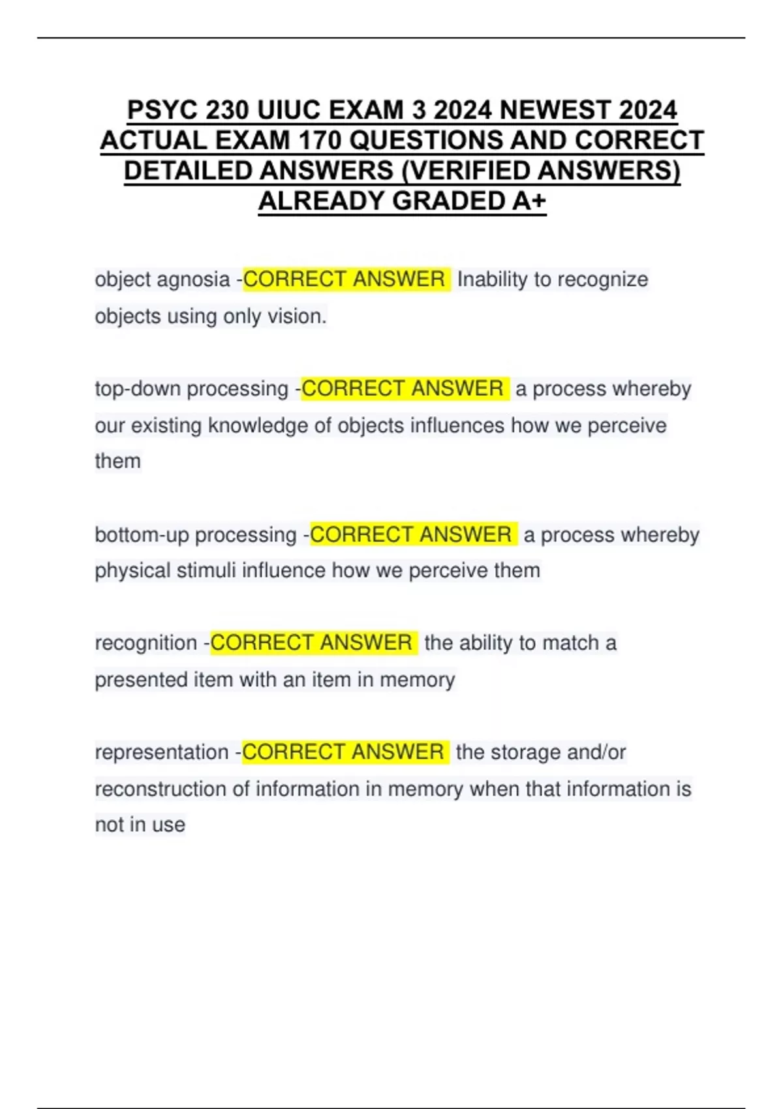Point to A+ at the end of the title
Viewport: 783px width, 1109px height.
tap(529, 201)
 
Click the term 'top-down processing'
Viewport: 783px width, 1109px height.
tap(191, 389)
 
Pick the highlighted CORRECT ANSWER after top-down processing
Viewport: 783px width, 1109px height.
tap(403, 389)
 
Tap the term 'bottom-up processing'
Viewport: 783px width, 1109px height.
tap(196, 535)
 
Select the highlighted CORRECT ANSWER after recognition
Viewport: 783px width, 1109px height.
tap(311, 643)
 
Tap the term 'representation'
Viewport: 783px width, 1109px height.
tap(161, 752)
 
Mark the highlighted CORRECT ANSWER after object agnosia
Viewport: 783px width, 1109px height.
tap(344, 280)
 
